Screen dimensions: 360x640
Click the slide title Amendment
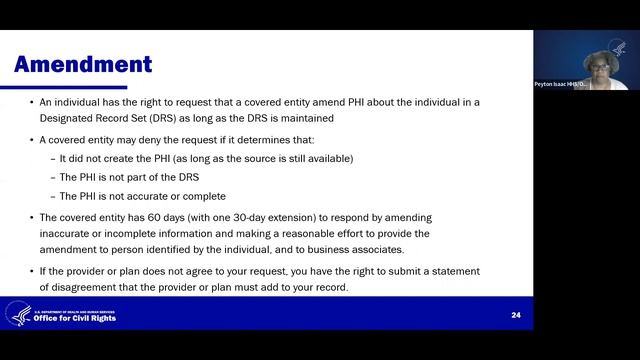pos(83,65)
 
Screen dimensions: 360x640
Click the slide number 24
pos(516,315)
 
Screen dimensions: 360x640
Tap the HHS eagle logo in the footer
pos(18,313)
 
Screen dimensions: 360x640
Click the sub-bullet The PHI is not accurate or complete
pos(142,196)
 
